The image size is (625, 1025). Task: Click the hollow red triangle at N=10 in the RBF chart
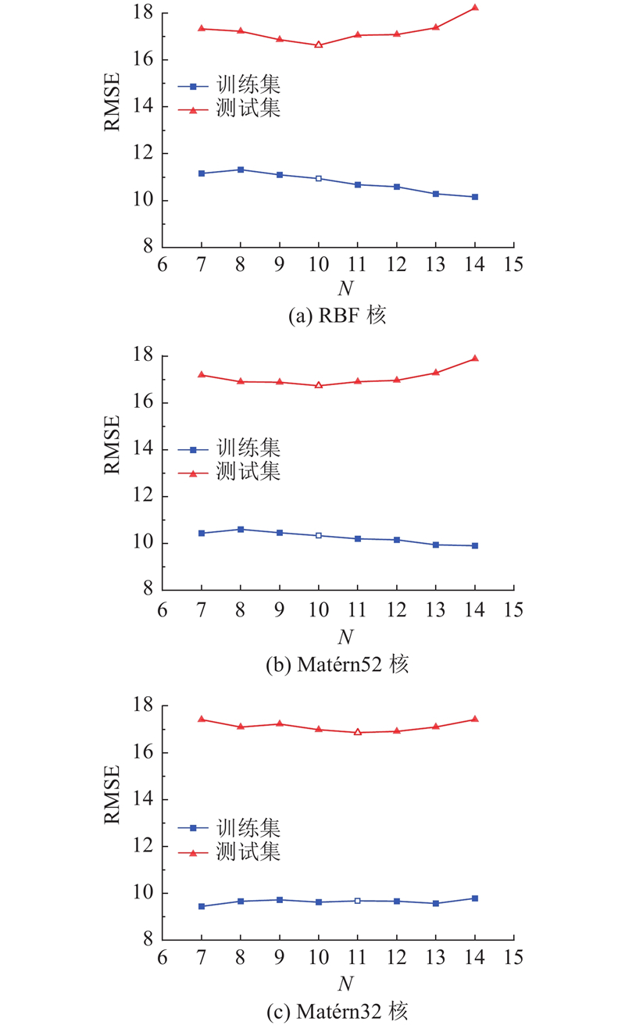pyautogui.click(x=319, y=45)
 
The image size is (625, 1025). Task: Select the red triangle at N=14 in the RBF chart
pyautogui.click(x=475, y=8)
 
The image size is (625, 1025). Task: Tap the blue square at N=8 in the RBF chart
pyautogui.click(x=241, y=170)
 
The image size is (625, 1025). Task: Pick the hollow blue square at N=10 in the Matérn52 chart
pyautogui.click(x=319, y=536)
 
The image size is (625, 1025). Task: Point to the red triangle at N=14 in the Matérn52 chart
pyautogui.click(x=475, y=359)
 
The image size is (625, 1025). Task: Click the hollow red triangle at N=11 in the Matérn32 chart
pyautogui.click(x=358, y=732)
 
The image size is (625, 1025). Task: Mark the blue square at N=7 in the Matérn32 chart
pyautogui.click(x=202, y=906)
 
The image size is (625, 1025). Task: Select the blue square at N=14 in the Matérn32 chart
pyautogui.click(x=475, y=898)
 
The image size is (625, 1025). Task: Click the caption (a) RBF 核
pyautogui.click(x=338, y=316)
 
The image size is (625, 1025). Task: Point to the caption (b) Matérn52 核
pyautogui.click(x=338, y=665)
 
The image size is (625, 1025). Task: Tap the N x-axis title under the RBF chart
pyautogui.click(x=345, y=289)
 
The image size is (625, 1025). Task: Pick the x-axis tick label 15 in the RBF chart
pyautogui.click(x=513, y=264)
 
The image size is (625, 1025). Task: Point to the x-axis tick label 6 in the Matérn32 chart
pyautogui.click(x=162, y=958)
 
